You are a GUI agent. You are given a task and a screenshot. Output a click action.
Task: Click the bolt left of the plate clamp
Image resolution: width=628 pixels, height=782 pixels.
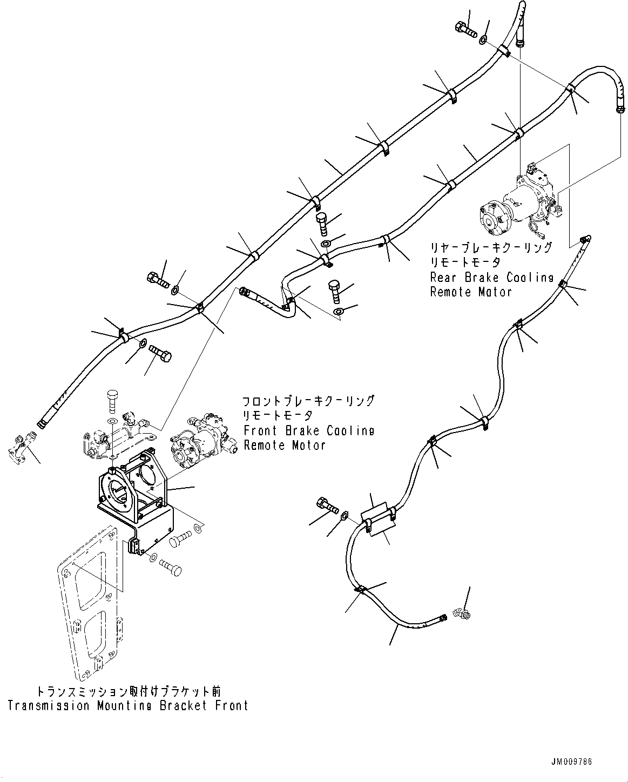coord(326,506)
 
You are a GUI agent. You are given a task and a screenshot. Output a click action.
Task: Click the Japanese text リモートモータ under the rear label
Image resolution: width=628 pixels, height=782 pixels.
coord(465,262)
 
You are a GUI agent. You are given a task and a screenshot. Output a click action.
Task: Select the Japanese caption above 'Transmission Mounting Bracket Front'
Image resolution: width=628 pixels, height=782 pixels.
coord(129,692)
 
